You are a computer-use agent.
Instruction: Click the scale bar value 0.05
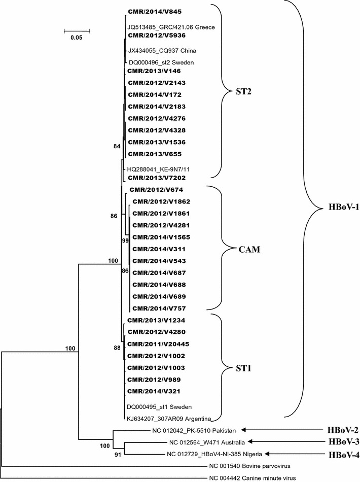(x=77, y=38)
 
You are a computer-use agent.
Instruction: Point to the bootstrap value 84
(x=118, y=147)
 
